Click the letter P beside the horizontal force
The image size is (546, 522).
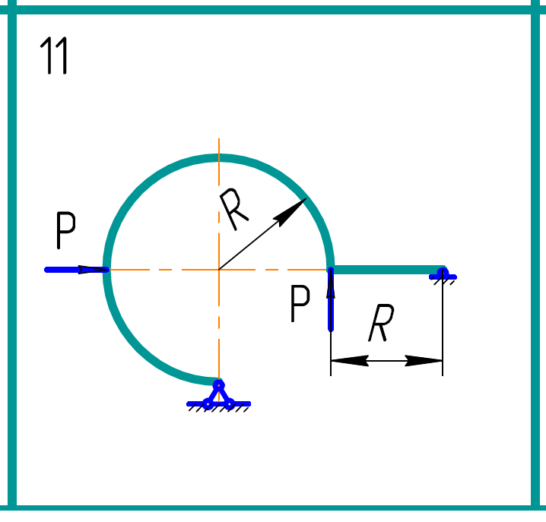point(67,232)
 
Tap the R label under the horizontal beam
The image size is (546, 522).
point(379,325)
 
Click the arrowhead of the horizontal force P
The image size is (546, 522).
point(95,269)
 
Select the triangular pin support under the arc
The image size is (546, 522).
point(218,394)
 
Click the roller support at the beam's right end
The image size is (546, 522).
point(443,273)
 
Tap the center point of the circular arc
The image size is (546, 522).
point(219,269)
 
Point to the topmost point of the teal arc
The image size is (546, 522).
point(219,158)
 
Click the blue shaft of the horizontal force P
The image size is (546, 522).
point(68,269)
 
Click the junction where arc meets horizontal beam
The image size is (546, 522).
point(331,269)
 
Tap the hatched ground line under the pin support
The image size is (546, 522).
point(219,406)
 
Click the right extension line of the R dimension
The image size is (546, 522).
point(443,334)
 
